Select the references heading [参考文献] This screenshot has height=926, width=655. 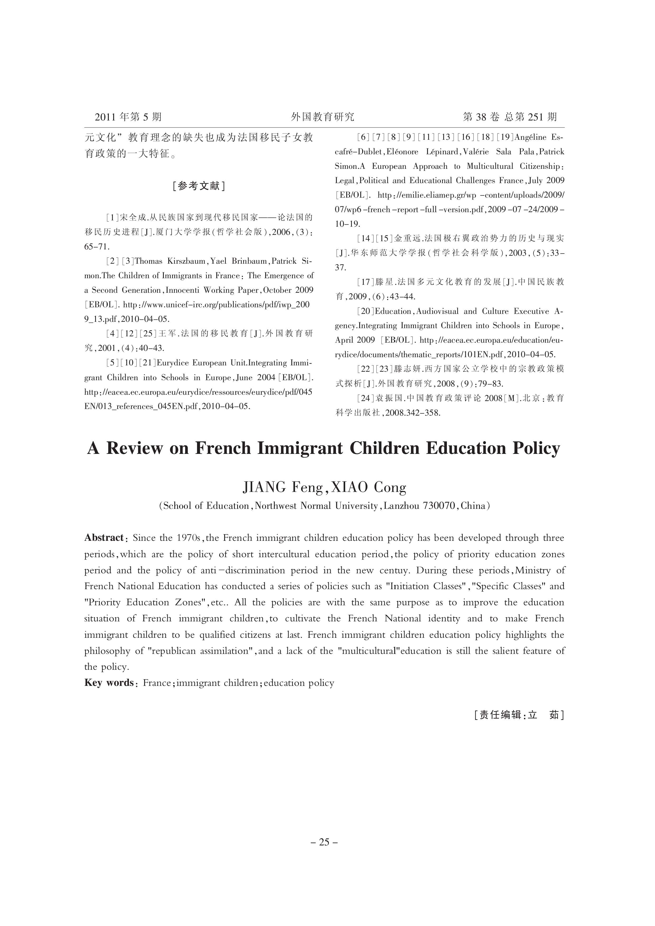pos(198,186)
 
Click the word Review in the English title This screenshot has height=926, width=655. pos(135,449)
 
